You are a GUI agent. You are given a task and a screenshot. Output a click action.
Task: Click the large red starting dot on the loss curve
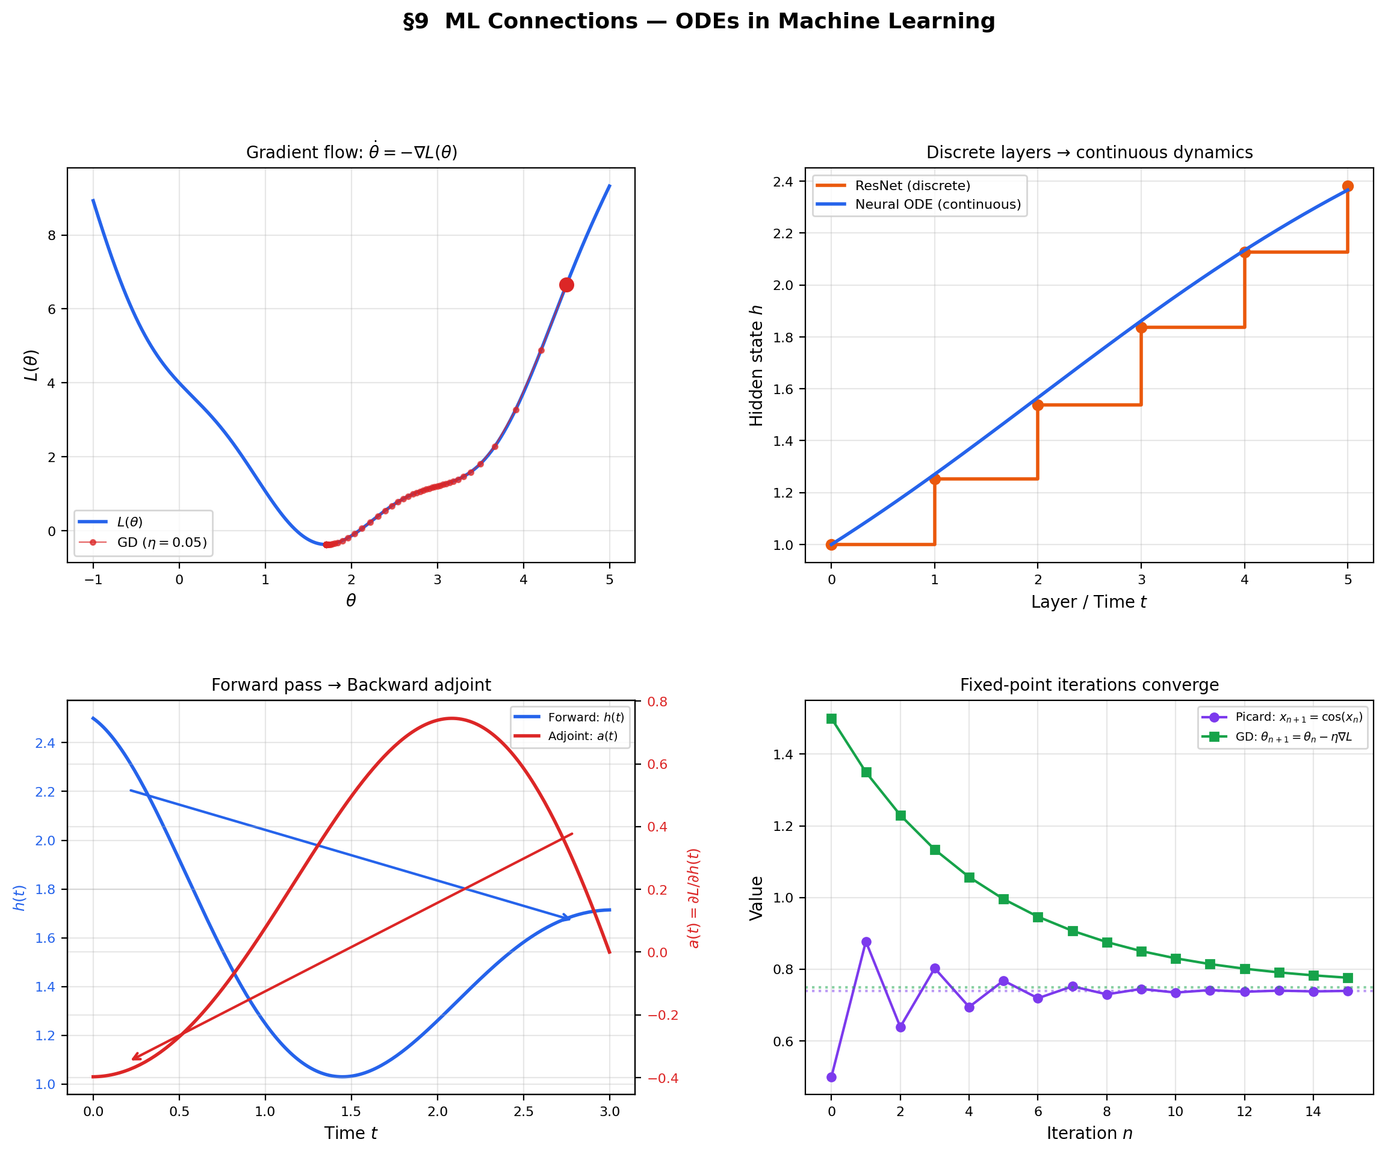(566, 285)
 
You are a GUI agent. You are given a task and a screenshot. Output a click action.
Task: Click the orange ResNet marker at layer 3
(1141, 328)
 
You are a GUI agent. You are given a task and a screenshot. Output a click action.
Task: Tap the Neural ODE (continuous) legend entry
(937, 205)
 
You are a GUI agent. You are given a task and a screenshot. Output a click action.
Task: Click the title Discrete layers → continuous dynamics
(1089, 152)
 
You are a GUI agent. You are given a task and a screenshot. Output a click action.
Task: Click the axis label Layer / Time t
(1089, 602)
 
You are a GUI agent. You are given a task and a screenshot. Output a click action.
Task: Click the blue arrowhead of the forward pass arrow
(566, 918)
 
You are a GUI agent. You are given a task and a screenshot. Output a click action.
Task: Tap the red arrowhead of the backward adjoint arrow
(135, 1058)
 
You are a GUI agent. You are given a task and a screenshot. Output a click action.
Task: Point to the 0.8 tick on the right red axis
(657, 702)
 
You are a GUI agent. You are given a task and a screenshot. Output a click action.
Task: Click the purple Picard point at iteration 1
(866, 942)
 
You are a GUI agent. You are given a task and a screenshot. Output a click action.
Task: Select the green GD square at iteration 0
(832, 719)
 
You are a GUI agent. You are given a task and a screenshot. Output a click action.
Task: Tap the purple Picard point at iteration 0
(832, 1077)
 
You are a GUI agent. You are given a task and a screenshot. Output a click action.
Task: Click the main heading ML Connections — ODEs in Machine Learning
(699, 21)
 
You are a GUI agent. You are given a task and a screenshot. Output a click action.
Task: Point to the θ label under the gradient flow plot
(351, 600)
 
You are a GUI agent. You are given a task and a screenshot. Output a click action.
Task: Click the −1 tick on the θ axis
(93, 579)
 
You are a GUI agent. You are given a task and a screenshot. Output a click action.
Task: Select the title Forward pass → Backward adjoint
(351, 685)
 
